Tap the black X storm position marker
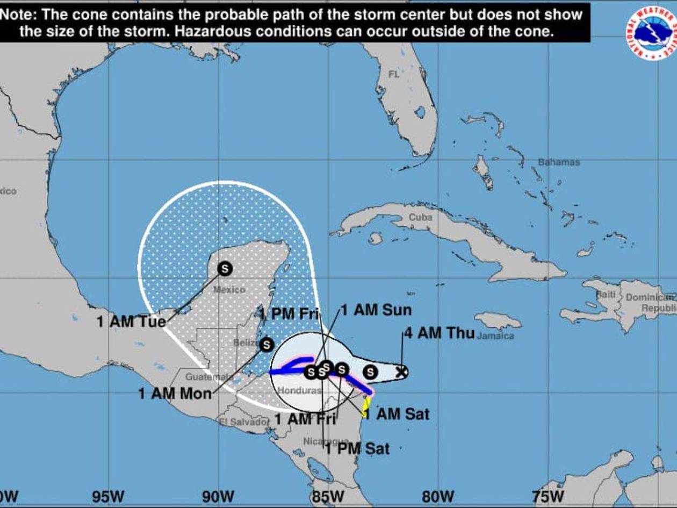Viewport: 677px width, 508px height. point(401,371)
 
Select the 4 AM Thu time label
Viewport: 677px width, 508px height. point(440,333)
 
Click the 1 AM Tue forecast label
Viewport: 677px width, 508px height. point(131,321)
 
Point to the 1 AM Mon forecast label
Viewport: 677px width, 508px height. point(175,393)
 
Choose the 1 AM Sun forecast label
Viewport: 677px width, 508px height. point(376,310)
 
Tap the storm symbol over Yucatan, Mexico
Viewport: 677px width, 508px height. point(225,268)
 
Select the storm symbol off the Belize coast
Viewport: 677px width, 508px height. point(266,345)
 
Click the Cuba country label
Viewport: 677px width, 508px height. point(420,218)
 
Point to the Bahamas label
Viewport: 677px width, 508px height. point(559,162)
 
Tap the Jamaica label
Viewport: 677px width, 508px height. point(495,337)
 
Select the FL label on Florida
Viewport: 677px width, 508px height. point(394,74)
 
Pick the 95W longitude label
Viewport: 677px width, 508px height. point(109,496)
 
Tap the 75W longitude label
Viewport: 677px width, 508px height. point(548,496)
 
